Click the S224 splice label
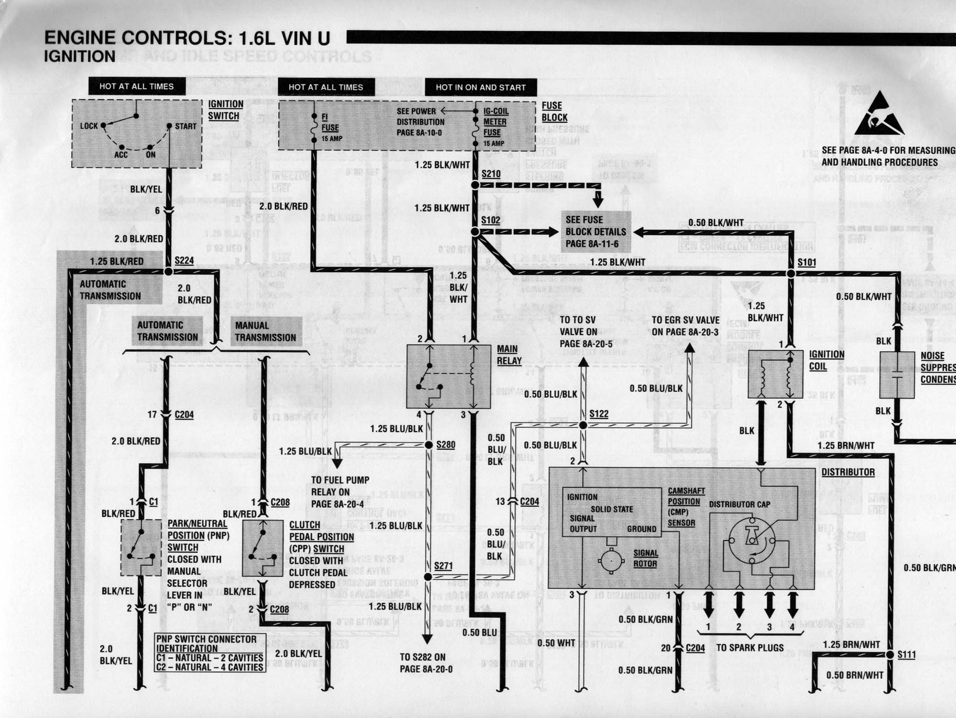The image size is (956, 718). (x=184, y=261)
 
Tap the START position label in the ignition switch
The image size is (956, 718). (x=185, y=127)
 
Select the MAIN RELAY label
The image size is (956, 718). (x=509, y=355)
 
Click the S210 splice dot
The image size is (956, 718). (x=475, y=185)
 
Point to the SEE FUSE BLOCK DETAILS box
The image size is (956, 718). (x=596, y=232)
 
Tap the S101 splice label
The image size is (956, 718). (x=807, y=262)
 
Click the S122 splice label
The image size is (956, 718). (x=598, y=414)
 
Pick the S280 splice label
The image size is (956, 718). (x=445, y=445)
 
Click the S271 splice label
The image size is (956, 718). (x=443, y=566)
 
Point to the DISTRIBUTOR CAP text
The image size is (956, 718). (x=739, y=504)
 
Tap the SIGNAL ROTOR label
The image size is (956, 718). (x=645, y=558)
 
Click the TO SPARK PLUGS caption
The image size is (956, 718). (x=750, y=648)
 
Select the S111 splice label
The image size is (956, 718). (x=906, y=654)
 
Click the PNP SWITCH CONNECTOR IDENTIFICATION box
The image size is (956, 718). (x=210, y=653)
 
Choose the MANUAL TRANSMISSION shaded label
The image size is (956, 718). (x=265, y=331)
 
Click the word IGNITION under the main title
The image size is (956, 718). (x=79, y=56)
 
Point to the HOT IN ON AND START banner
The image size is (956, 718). (x=480, y=87)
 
